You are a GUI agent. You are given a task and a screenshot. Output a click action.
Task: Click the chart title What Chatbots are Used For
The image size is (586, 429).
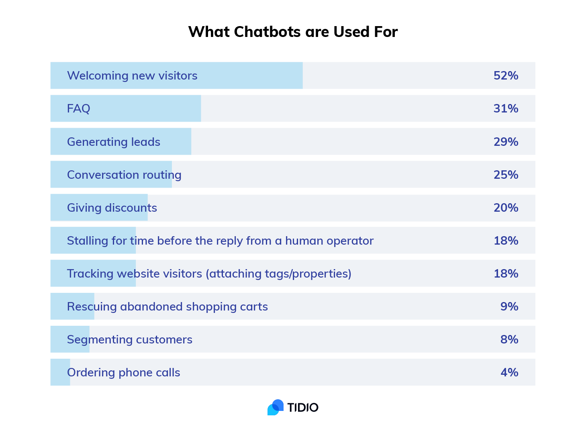click(x=293, y=32)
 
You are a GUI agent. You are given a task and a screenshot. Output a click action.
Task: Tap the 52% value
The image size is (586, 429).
click(x=506, y=76)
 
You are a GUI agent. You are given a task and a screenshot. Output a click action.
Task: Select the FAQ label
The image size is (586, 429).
click(x=79, y=108)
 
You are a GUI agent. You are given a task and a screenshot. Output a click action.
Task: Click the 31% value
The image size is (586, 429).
click(x=506, y=108)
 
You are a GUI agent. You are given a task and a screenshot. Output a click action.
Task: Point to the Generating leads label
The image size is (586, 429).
click(x=114, y=142)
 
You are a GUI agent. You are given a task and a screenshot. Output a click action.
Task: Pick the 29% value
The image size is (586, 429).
click(x=506, y=142)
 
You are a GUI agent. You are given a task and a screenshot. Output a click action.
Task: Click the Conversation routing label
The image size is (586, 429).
click(x=124, y=175)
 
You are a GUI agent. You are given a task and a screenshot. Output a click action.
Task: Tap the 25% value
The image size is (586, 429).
click(x=506, y=175)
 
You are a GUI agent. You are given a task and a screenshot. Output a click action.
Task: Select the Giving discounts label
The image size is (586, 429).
click(x=112, y=208)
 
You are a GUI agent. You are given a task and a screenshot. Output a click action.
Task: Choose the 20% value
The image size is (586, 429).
click(x=506, y=208)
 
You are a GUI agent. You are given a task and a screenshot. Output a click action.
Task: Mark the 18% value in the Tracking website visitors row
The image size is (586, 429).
click(x=506, y=274)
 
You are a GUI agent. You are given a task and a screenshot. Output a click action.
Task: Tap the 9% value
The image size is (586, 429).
click(x=509, y=306)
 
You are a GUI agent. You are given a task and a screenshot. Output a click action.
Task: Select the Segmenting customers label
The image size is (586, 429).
click(x=130, y=339)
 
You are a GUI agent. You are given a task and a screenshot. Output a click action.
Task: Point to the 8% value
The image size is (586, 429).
click(x=509, y=339)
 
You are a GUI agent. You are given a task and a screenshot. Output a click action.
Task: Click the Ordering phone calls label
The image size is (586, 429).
click(x=124, y=372)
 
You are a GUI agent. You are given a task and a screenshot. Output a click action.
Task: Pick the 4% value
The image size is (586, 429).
click(x=509, y=372)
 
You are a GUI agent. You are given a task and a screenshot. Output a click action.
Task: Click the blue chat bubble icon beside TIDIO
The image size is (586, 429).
click(x=276, y=407)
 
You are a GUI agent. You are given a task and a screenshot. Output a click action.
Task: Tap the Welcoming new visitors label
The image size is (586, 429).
click(x=132, y=76)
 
